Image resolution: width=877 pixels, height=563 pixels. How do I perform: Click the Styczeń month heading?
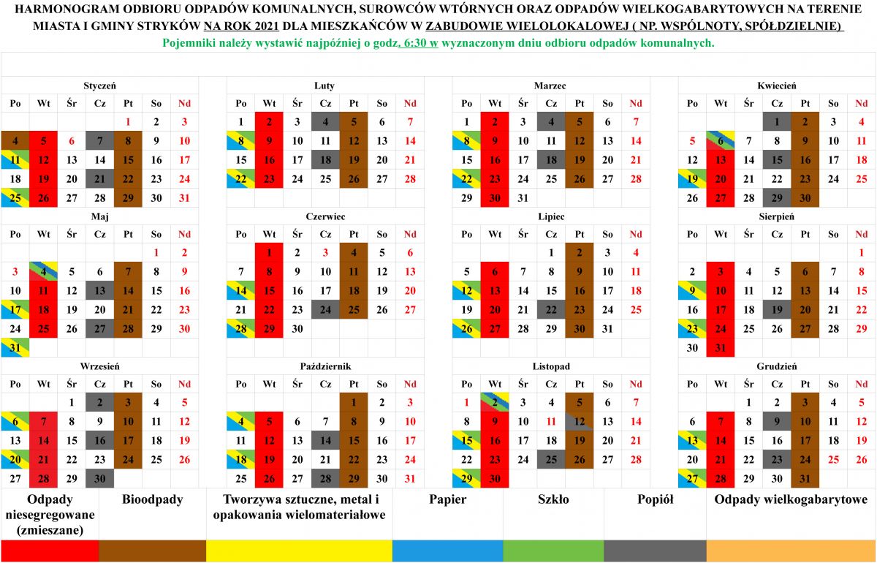pos(100,86)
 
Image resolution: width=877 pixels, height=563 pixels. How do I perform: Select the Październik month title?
pos(325,366)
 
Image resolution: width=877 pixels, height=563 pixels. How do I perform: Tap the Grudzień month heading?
pos(776,366)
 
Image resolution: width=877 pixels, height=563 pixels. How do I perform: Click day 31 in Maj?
pos(15,347)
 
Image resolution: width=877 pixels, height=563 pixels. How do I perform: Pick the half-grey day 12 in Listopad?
pos(580,422)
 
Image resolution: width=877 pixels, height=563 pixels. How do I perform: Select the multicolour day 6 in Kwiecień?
pos(721,140)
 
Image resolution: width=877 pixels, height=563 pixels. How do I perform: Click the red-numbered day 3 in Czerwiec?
pos(325,253)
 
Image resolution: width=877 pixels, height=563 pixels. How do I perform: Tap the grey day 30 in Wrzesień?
pos(100,478)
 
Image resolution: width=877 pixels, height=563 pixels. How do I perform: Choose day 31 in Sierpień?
pos(721,347)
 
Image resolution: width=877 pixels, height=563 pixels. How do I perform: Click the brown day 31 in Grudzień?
pos(805,478)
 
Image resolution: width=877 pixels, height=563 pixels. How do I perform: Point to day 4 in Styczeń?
pos(15,140)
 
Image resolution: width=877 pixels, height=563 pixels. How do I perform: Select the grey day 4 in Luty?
pos(325,122)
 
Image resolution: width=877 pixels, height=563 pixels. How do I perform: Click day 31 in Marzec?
pos(523,198)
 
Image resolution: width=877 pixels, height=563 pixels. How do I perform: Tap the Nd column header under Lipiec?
pos(636,234)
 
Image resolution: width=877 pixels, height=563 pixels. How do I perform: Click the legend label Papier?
pos(447,499)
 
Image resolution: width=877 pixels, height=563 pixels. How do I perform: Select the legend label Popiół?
pos(655,499)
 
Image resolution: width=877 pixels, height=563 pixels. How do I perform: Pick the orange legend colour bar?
pos(791,551)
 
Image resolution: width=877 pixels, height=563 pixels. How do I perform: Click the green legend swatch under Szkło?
pos(553,551)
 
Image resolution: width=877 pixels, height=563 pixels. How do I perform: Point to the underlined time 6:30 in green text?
pos(418,42)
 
